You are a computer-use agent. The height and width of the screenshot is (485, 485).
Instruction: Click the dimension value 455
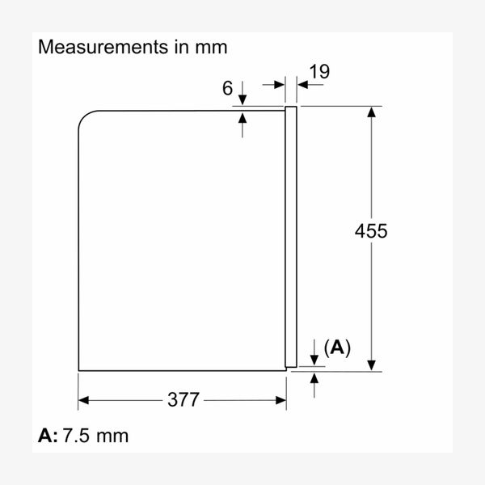coord(371,231)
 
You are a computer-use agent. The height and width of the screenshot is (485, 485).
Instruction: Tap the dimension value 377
coord(183,399)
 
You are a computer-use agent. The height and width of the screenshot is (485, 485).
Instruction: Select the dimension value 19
coord(319,71)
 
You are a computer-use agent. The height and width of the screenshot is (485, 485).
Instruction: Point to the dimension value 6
coord(228,88)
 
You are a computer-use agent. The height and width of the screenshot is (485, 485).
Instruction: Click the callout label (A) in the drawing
coord(337,348)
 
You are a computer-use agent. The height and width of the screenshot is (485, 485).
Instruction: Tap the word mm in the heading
coord(212,47)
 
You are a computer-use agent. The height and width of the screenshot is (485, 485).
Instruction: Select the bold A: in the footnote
coord(48,436)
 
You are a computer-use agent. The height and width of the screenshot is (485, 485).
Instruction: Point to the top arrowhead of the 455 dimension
coord(371,112)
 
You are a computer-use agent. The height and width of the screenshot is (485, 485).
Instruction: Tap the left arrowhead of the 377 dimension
coord(84,399)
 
